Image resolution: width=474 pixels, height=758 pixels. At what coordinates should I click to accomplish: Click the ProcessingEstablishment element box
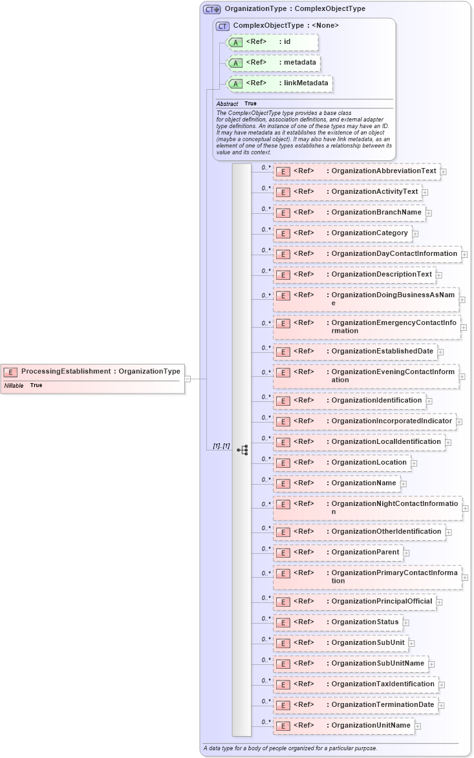92,372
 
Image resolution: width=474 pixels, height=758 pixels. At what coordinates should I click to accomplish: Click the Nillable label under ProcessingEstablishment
14,385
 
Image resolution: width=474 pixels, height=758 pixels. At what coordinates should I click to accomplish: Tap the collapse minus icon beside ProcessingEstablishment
188,379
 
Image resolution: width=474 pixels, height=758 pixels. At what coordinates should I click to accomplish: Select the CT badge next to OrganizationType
211,9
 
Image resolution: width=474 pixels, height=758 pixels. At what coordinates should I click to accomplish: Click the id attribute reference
272,42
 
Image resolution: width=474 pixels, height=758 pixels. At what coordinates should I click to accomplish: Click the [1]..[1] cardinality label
221,446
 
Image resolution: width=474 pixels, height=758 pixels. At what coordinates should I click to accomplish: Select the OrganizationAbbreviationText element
356,171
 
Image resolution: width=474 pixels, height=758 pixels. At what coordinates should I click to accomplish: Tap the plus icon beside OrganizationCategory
415,234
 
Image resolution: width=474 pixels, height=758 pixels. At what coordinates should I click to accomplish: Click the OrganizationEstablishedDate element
355,352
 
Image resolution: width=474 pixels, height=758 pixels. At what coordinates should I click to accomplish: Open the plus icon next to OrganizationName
404,483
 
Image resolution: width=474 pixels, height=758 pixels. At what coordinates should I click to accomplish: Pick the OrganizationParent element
338,553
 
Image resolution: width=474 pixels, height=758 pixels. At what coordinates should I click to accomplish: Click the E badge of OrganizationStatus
281,622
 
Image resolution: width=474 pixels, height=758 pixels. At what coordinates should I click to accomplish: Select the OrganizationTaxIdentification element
355,684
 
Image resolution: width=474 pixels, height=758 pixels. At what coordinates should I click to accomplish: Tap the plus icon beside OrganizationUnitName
418,726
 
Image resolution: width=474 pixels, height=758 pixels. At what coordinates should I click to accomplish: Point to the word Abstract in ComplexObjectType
227,103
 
